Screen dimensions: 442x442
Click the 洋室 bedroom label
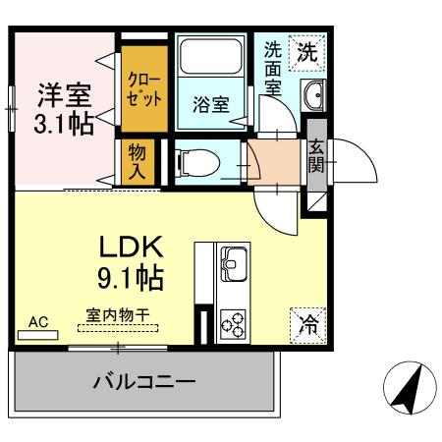point(65,96)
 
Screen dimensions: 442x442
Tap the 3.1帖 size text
point(65,126)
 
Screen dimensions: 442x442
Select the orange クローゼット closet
point(143,89)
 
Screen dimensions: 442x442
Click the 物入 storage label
point(138,159)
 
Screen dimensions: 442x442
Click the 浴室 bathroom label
point(211,103)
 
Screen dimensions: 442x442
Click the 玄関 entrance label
point(316,156)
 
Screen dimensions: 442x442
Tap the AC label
point(38,320)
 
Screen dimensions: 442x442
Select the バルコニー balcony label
point(144,381)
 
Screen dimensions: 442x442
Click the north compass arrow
point(405,389)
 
